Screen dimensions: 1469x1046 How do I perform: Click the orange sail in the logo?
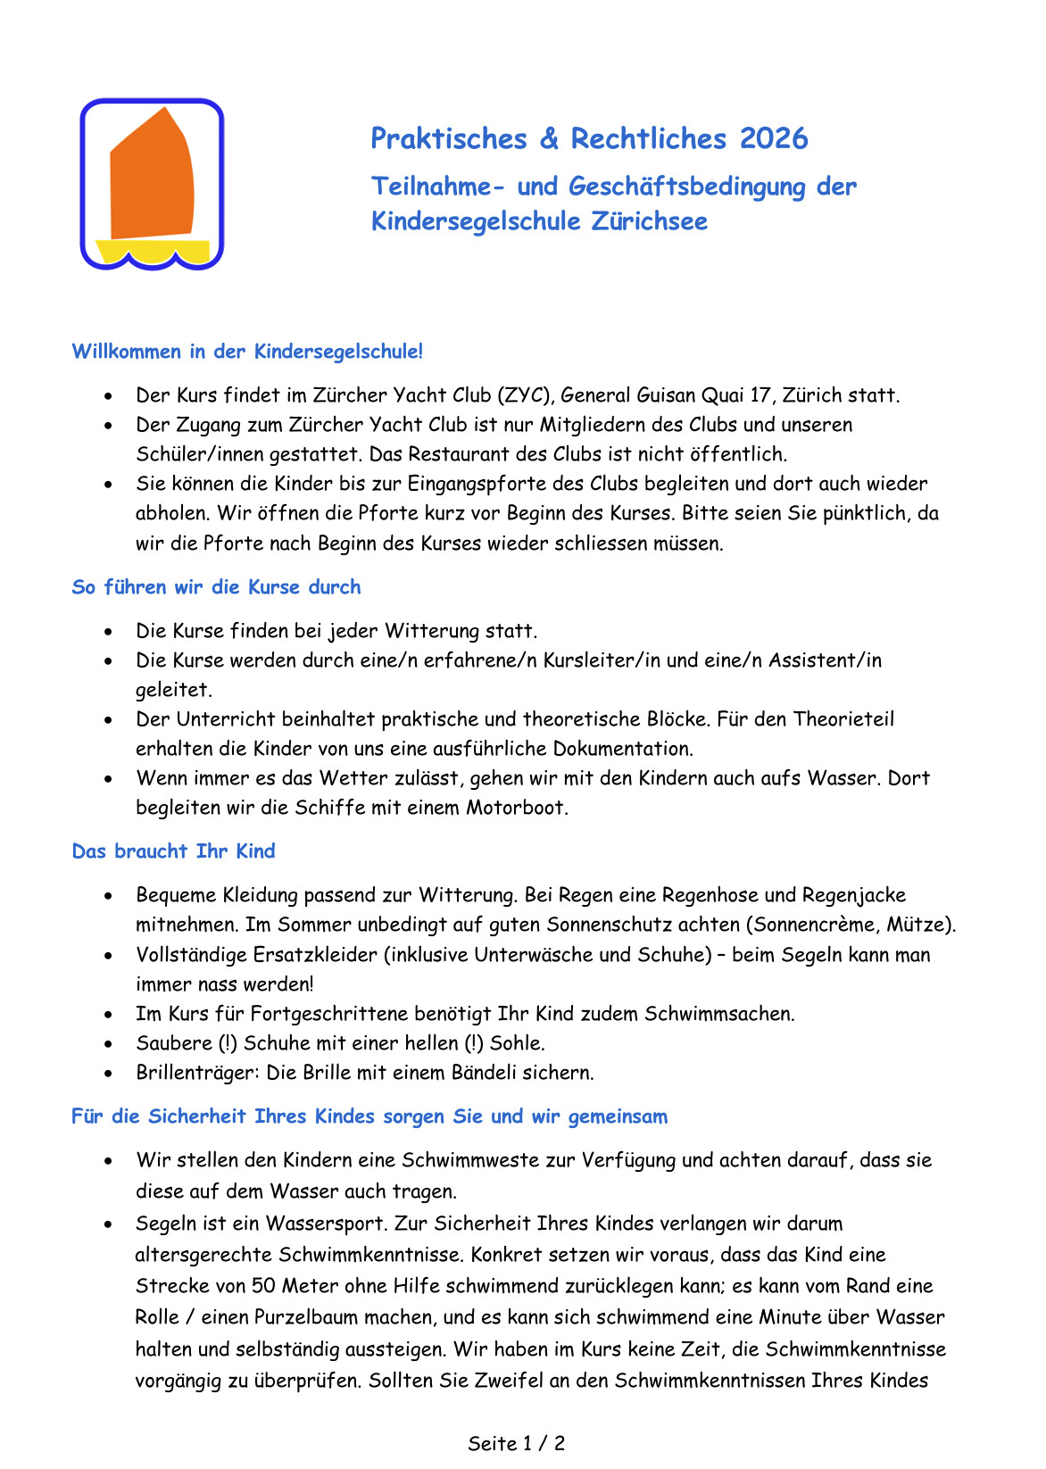point(152,183)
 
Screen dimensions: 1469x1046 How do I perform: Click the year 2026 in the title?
point(774,139)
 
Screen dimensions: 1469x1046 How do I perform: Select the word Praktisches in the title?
point(449,139)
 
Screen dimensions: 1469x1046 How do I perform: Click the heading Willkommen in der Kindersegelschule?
point(247,352)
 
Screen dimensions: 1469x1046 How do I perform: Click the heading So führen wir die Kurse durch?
point(216,587)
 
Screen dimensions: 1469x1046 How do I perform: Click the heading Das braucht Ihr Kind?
point(173,851)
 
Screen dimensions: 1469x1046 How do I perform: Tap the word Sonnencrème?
point(816,925)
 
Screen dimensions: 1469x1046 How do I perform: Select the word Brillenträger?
point(197,1073)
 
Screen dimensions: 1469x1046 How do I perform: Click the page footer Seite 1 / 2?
point(516,1443)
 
